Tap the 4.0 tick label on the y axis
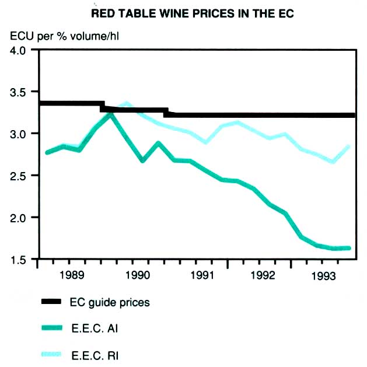tap(18, 50)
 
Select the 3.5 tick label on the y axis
tap(18, 92)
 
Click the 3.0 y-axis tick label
tap(18, 134)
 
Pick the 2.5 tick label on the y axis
tap(18, 176)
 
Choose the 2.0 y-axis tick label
tap(18, 218)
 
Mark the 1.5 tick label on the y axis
tap(18, 259)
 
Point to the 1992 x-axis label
tap(264, 274)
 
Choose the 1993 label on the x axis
tap(328, 274)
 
